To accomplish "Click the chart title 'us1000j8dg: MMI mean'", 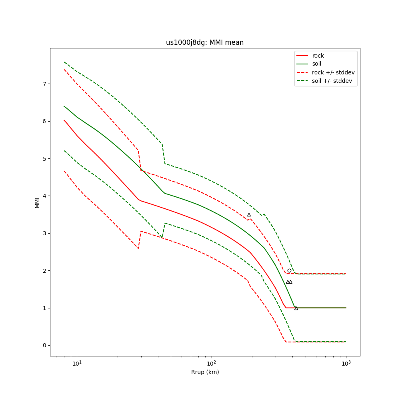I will point(205,42).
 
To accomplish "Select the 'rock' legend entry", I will point(318,56).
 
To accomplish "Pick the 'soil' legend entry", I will point(316,64).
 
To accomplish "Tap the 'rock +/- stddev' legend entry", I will point(333,72).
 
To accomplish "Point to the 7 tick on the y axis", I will point(44,84).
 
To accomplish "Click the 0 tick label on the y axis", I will point(44,345).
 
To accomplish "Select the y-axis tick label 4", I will point(44,196).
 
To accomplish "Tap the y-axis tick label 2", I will point(44,271).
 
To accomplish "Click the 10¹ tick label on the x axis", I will point(77,363).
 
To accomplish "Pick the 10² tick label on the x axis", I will point(211,363).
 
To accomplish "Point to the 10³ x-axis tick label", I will point(346,363).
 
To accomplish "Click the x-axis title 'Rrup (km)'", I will point(205,372).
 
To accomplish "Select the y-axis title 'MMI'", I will point(37,202).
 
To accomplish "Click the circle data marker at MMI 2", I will point(289,271).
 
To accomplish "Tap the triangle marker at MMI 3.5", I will point(249,215).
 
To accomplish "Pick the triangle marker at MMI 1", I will point(296,308).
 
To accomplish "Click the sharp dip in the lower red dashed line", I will point(138,248).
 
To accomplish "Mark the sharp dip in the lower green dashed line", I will point(162,237).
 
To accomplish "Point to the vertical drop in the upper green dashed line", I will point(163,154).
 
